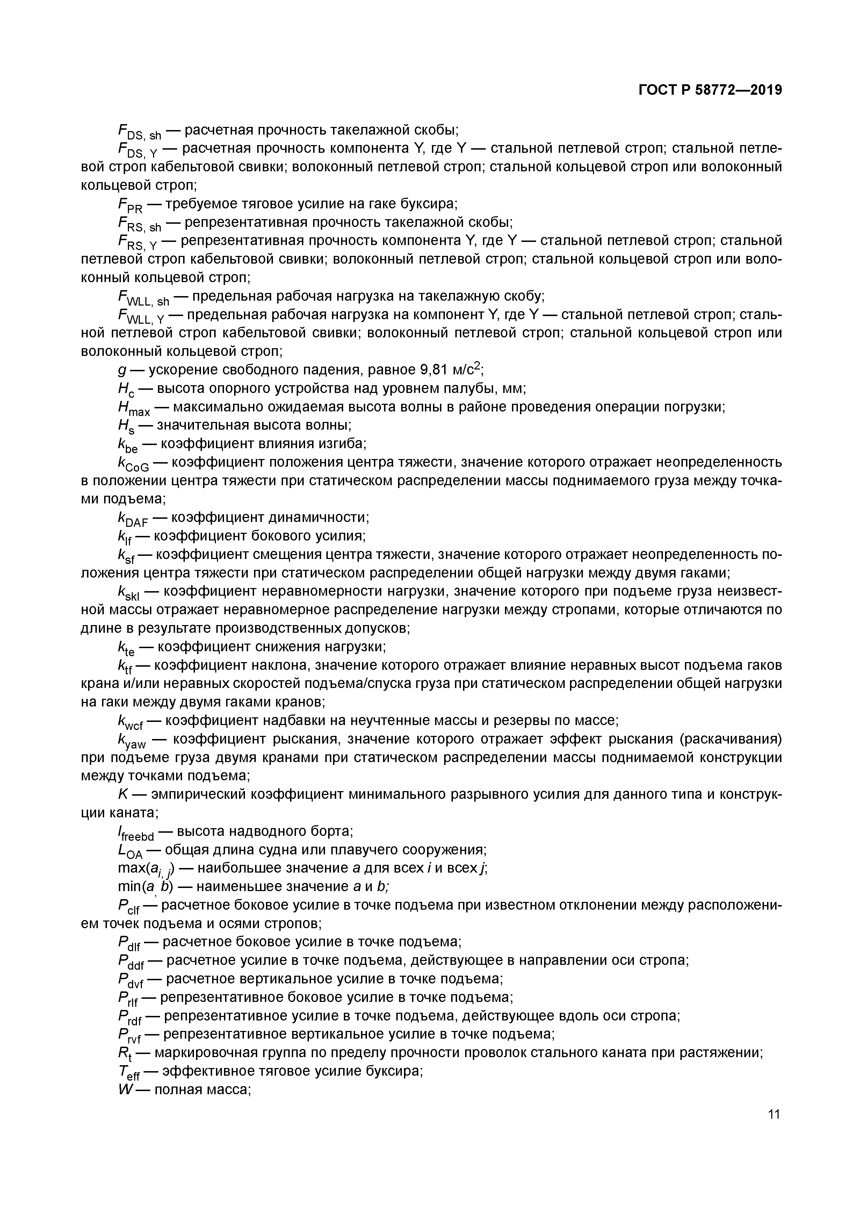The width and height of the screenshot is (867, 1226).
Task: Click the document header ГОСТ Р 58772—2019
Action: (x=710, y=90)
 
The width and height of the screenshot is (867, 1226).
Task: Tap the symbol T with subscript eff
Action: (x=128, y=1072)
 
